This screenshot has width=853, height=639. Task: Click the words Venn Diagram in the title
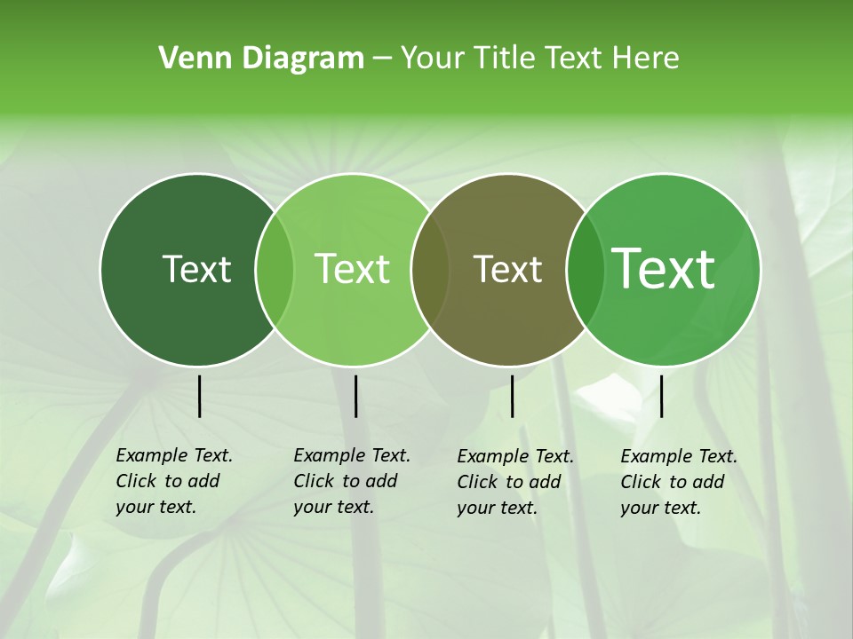click(x=261, y=59)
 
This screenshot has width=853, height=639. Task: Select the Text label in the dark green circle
click(x=196, y=270)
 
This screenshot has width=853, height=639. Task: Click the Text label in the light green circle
click(x=353, y=270)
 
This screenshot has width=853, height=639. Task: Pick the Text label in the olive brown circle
click(x=507, y=270)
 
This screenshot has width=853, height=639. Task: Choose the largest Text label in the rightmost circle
click(x=664, y=269)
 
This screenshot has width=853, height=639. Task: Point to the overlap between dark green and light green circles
click(x=275, y=270)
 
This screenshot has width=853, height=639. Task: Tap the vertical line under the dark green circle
click(x=199, y=396)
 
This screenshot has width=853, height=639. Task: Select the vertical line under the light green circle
click(x=355, y=396)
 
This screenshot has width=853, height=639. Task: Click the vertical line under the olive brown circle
click(x=512, y=396)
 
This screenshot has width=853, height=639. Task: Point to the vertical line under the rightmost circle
click(x=661, y=396)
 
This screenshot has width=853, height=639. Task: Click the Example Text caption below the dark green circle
click(x=174, y=481)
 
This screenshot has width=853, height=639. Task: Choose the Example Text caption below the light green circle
click(x=352, y=481)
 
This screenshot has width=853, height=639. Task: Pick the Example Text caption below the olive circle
click(x=515, y=482)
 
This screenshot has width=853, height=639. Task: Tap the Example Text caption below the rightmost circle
click(x=679, y=482)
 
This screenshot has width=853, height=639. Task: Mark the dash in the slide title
click(x=382, y=59)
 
